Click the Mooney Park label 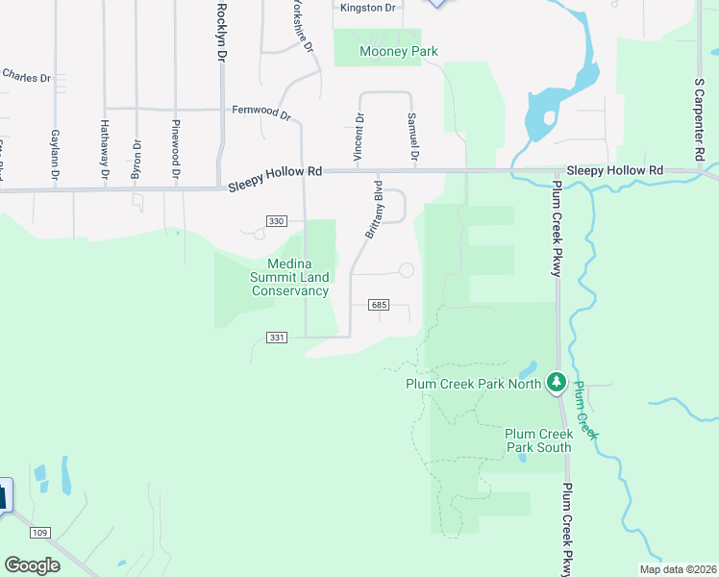tap(398, 51)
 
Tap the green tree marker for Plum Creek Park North tap(556, 383)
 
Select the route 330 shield tap(277, 221)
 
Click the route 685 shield tap(378, 305)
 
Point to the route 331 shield tap(277, 337)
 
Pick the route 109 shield tap(39, 533)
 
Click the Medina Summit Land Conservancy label tap(289, 278)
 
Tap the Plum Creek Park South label tap(538, 440)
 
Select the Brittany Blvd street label tap(374, 209)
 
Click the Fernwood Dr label tap(261, 112)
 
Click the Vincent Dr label tap(359, 137)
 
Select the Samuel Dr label tap(413, 137)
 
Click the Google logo tap(32, 565)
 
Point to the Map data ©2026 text tap(678, 569)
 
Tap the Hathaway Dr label tap(104, 150)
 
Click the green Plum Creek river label tap(586, 412)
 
